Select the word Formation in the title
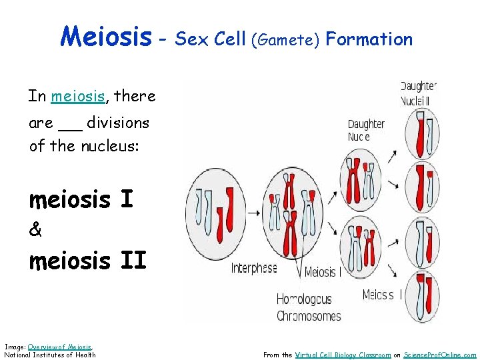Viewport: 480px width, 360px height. pos(369,39)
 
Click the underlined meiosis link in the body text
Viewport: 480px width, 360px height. pos(78,96)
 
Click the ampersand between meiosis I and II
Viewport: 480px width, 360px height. pos(35,230)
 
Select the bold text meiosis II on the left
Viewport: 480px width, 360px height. pos(87,261)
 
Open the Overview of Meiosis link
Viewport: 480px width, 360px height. pos(59,347)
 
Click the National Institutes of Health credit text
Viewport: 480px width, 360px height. pos(50,355)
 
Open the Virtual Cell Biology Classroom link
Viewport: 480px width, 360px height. pos(343,355)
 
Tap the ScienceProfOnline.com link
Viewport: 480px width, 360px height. pos(439,355)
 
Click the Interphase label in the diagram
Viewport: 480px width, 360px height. pos(254,269)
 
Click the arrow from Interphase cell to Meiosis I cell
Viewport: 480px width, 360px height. pos(254,213)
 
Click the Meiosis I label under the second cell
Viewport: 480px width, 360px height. pos(320,272)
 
